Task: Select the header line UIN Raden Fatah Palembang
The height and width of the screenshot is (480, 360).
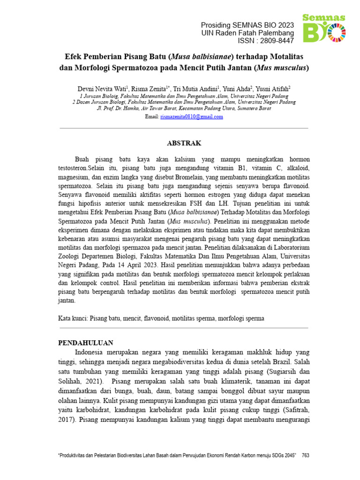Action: click(247, 33)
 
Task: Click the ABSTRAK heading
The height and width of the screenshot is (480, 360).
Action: click(184, 143)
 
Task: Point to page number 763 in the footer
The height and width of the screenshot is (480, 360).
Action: click(306, 455)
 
